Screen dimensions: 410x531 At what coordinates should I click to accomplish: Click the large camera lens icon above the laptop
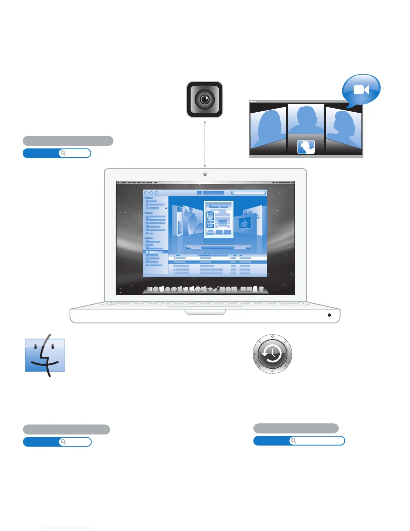205,99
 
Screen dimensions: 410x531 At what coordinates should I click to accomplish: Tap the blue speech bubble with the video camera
361,90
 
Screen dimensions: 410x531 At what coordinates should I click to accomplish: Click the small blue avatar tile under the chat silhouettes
306,147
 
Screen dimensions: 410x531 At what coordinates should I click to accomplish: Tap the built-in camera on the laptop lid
205,174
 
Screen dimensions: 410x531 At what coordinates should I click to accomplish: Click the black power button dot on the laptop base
329,315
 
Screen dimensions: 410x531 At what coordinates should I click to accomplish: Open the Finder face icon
45,355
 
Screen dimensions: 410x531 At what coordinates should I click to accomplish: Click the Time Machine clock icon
272,354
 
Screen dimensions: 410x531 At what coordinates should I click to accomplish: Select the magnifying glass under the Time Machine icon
293,440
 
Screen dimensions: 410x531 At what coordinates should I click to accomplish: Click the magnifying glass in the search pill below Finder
63,442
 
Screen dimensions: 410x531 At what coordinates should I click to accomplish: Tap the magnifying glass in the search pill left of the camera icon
63,153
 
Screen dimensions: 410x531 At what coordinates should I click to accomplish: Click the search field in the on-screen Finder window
249,193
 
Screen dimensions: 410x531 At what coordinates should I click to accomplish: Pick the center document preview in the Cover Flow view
219,219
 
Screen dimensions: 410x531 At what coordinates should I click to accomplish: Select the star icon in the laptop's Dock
210,289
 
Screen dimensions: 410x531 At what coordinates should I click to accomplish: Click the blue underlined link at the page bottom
66,528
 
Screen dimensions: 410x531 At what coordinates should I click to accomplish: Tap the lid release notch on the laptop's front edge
205,312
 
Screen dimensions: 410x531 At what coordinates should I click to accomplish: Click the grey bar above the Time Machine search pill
296,428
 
